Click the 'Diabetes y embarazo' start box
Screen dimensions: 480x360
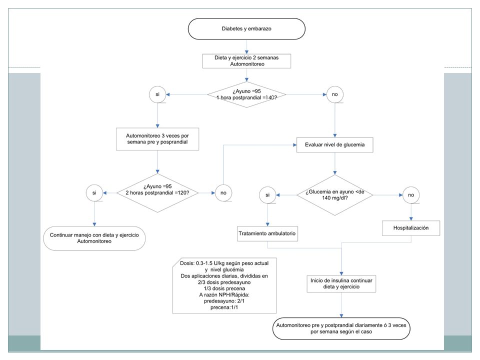coord(246,29)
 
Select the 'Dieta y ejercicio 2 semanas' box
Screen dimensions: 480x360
coord(246,61)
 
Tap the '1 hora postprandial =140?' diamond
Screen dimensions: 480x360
coord(246,94)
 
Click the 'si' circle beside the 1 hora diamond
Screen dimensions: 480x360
coord(157,94)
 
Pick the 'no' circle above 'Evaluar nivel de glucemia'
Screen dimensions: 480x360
coord(334,94)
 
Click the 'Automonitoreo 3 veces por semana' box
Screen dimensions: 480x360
coord(157,139)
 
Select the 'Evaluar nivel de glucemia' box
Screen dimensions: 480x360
coord(334,145)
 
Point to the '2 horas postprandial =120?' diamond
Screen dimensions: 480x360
coord(157,193)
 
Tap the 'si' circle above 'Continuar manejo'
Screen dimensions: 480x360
coord(94,193)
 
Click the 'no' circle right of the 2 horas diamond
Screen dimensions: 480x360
coord(223,193)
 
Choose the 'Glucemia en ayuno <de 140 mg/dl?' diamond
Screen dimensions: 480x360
coord(334,195)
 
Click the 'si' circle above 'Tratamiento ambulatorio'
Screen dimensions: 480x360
coord(267,195)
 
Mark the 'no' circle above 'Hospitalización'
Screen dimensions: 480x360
coord(411,195)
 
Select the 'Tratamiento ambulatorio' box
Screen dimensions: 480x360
coord(267,233)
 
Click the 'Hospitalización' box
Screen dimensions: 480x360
coord(411,228)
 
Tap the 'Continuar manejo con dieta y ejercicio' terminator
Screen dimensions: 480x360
coord(94,238)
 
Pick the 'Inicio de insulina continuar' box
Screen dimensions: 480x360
coord(341,284)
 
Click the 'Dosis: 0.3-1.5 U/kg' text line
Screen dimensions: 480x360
coord(224,263)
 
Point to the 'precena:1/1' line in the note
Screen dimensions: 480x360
coord(224,307)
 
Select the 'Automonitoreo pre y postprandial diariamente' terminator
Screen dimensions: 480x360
coord(341,328)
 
